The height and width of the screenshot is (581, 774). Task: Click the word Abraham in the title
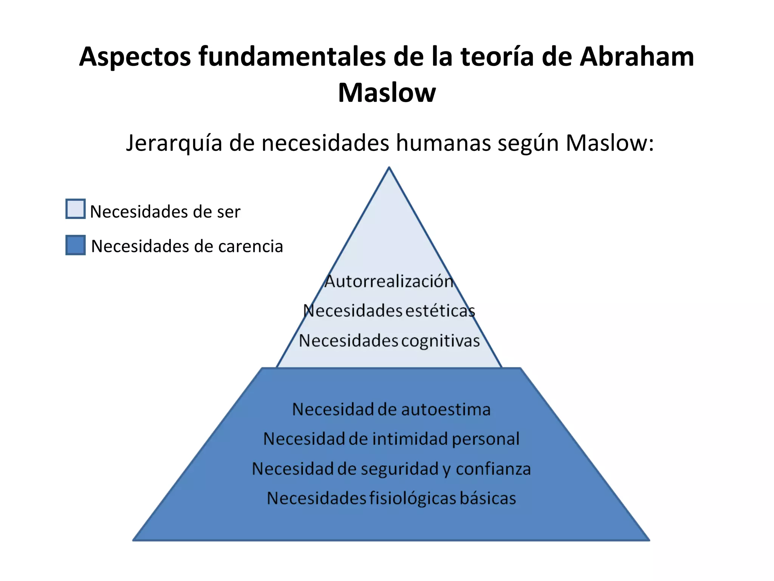tap(637, 57)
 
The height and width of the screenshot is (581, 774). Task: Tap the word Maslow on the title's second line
tap(387, 93)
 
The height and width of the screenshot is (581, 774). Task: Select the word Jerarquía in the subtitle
tap(174, 143)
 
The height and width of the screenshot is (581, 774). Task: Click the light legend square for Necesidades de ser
tap(75, 209)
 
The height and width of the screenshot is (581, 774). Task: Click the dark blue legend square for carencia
tap(75, 245)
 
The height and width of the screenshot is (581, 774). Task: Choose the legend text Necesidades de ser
tap(165, 211)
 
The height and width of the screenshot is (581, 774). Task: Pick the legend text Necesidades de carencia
tap(187, 246)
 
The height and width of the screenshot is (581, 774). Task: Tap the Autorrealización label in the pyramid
tap(389, 281)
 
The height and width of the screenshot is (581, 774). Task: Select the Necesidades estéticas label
tap(389, 311)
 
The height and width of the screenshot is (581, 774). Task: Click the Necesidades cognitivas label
tap(389, 341)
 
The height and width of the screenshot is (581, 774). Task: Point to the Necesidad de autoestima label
tap(391, 410)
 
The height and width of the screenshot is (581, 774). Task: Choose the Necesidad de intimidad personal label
tap(391, 439)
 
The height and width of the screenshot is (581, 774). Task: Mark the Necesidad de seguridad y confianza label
tap(391, 469)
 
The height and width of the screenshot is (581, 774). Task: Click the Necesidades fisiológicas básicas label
tap(391, 499)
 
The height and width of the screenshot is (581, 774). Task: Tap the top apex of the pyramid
tap(389, 168)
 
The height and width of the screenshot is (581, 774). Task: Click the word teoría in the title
tap(497, 57)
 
